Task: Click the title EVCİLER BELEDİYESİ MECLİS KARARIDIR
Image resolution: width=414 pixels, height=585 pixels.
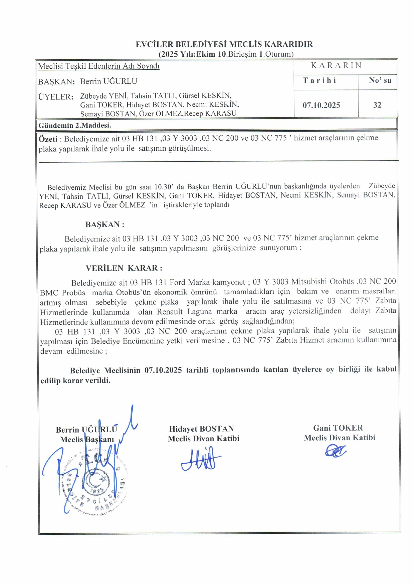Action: click(224, 44)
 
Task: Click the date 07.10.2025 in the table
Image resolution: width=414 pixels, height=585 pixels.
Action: click(321, 105)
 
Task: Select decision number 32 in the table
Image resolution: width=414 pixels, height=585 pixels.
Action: click(377, 105)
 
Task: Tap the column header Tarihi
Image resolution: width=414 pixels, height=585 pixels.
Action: click(320, 80)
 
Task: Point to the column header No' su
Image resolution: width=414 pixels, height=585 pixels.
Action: click(380, 80)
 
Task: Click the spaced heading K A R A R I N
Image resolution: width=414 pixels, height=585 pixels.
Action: click(336, 65)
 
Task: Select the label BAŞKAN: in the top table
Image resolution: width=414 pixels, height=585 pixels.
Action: click(56, 82)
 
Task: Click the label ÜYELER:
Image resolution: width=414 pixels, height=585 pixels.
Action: click(56, 97)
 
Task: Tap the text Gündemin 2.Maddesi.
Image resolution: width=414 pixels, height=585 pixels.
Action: click(75, 125)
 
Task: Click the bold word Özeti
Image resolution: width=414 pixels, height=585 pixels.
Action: click(48, 139)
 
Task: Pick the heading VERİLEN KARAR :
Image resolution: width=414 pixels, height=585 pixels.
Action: click(124, 268)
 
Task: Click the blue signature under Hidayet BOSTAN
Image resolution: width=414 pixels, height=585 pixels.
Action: click(201, 460)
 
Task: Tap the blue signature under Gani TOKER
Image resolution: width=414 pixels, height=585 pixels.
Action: click(336, 452)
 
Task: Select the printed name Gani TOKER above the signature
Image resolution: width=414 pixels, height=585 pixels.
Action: click(338, 428)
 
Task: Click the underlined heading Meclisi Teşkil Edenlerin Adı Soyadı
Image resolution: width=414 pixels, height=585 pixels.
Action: click(99, 66)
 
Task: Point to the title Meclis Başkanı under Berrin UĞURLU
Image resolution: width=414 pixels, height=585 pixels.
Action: click(87, 440)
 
